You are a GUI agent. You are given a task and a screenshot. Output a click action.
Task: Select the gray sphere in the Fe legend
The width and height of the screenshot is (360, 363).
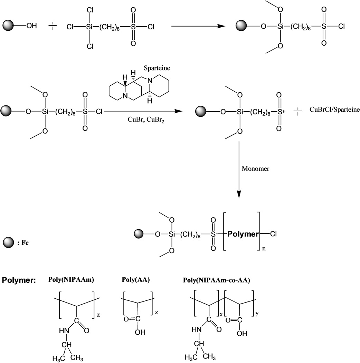tap(8, 242)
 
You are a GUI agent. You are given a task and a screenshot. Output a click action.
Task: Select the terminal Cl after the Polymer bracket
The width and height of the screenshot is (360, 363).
tap(273, 234)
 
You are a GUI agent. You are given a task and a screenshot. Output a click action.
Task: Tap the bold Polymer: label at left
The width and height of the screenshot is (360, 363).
tap(19, 280)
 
